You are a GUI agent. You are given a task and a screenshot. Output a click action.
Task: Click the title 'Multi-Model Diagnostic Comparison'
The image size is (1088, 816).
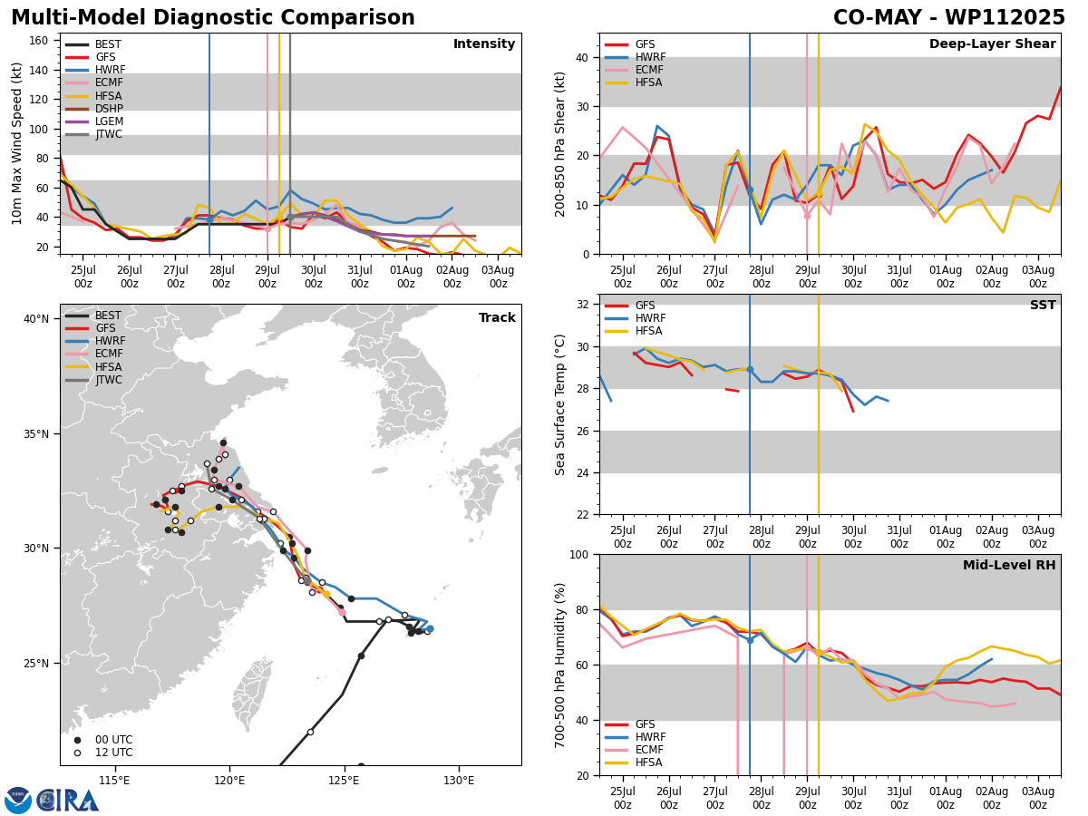pos(213,17)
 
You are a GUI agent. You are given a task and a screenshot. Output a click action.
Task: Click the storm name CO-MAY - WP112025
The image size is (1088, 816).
pos(948,17)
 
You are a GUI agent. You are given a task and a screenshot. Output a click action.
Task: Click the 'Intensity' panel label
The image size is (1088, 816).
pos(484,44)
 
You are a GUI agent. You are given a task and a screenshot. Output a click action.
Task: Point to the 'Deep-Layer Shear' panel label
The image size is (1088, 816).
pos(992,44)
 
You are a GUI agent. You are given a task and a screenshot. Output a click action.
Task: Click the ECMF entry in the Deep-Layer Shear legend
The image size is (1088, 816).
pos(634,70)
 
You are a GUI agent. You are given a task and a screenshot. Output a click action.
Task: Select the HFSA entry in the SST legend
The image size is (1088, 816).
pos(634,331)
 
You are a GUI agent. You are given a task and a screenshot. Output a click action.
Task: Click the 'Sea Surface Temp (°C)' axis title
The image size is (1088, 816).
pos(559,404)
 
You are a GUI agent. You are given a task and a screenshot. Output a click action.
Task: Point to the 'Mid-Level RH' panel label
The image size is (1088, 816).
pos(1009,565)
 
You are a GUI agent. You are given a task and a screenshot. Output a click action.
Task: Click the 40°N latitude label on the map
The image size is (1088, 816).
pos(36,318)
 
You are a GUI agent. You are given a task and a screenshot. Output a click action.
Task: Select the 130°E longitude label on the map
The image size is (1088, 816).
pos(459,781)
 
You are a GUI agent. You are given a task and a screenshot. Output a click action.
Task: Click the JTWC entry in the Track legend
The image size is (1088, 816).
pos(93,380)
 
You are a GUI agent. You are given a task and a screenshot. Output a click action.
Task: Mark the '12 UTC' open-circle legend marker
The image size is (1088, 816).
pos(77,753)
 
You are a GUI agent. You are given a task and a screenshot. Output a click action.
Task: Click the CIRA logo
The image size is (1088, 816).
pos(52,800)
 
